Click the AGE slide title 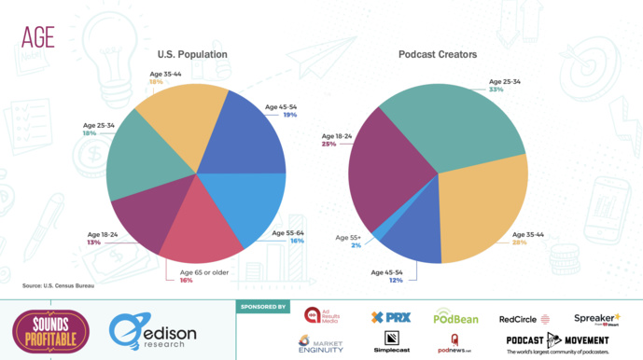(37, 36)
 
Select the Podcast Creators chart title (437, 55)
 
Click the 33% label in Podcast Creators (496, 90)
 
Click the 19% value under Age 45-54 (291, 115)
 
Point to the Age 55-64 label (288, 231)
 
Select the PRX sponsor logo (391, 318)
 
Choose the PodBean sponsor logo (455, 318)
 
